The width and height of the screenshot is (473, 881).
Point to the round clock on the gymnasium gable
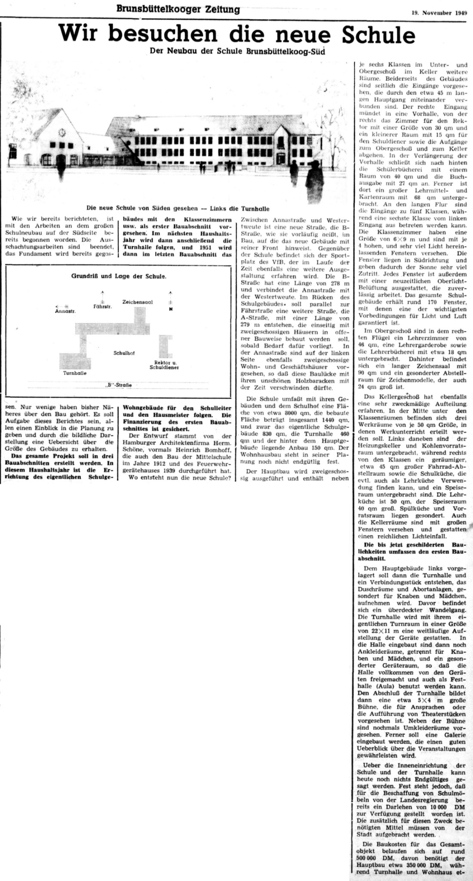pyautogui.click(x=60, y=133)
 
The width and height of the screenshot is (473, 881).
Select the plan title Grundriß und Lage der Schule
pyautogui.click(x=118, y=276)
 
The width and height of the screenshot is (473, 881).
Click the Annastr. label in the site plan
pyautogui.click(x=65, y=311)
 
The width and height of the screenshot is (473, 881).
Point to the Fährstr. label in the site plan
pyautogui.click(x=102, y=306)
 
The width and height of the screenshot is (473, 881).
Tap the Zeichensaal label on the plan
pyautogui.click(x=138, y=302)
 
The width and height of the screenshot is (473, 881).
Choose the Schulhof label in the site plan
pyautogui.click(x=124, y=353)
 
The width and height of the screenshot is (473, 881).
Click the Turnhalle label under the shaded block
pyautogui.click(x=75, y=373)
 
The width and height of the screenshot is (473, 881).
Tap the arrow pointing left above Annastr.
pyautogui.click(x=61, y=305)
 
